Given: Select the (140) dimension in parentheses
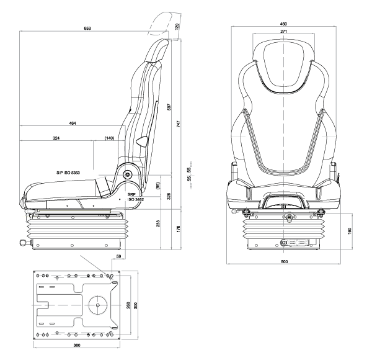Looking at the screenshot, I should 110,138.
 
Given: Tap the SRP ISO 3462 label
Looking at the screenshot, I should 136,197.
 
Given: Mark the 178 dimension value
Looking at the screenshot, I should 178,230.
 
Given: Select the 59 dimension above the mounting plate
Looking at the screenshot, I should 118,256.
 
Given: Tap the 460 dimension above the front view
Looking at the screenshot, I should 283,24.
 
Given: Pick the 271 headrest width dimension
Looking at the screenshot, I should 283,30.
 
